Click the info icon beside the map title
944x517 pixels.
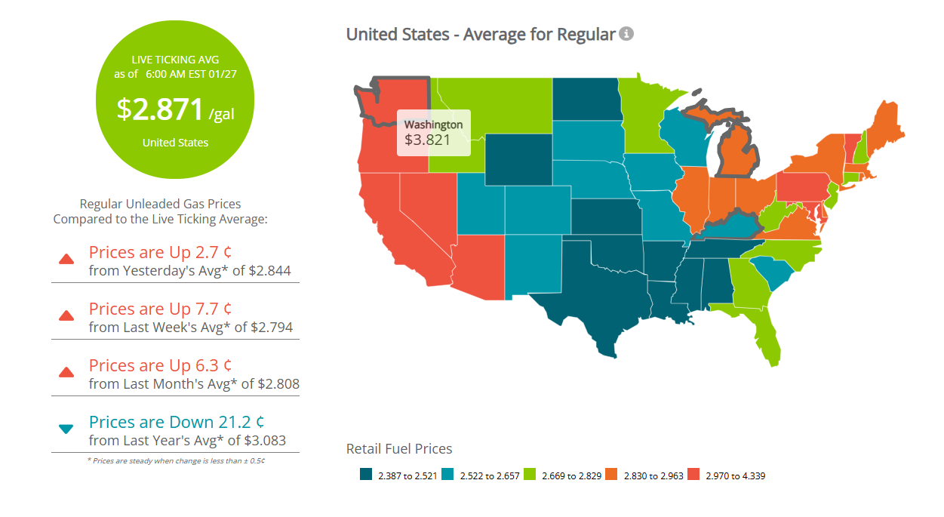click(626, 34)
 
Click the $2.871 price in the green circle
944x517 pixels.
click(161, 109)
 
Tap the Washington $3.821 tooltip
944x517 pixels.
click(433, 133)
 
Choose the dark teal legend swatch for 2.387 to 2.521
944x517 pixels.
click(366, 475)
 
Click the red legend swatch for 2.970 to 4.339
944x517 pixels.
click(694, 475)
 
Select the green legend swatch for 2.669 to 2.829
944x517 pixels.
click(530, 475)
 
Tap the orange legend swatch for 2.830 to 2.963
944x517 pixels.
click(612, 475)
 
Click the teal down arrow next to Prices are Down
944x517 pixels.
click(66, 429)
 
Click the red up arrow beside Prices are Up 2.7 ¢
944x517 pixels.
click(66, 260)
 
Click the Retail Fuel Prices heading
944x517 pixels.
click(398, 449)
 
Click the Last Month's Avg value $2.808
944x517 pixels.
click(278, 383)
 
